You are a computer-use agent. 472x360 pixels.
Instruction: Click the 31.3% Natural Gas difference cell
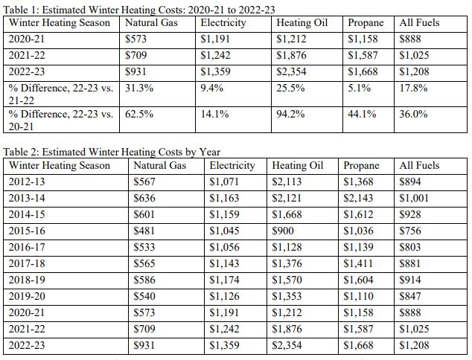(139, 88)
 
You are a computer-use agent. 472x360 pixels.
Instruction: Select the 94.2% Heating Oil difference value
(290, 115)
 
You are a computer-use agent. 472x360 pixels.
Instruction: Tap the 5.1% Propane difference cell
(359, 88)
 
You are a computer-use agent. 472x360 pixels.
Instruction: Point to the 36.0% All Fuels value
(413, 115)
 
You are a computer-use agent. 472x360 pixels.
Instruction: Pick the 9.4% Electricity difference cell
(212, 88)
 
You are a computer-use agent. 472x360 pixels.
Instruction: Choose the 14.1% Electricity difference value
(214, 115)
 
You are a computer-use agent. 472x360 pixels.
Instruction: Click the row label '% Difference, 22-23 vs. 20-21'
(61, 120)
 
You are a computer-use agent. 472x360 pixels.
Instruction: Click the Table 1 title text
(139, 10)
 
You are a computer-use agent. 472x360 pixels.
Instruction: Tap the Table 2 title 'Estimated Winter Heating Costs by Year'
(131, 152)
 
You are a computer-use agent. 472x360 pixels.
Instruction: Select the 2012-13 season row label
(27, 182)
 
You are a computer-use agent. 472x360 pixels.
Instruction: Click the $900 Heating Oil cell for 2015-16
(283, 231)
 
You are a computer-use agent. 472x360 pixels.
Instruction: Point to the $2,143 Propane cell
(358, 198)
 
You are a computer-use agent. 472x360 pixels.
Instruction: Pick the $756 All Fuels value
(410, 231)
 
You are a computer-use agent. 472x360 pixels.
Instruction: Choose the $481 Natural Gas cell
(144, 231)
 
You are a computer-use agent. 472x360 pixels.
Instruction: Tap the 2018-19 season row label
(27, 280)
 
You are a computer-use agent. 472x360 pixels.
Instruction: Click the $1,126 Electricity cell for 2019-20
(224, 297)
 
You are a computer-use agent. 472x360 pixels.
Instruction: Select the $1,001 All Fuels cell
(414, 198)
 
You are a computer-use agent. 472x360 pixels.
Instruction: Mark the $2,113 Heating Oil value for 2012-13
(287, 182)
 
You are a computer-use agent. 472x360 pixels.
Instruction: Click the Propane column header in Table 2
(361, 166)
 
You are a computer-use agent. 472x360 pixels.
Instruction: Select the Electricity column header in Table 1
(223, 23)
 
